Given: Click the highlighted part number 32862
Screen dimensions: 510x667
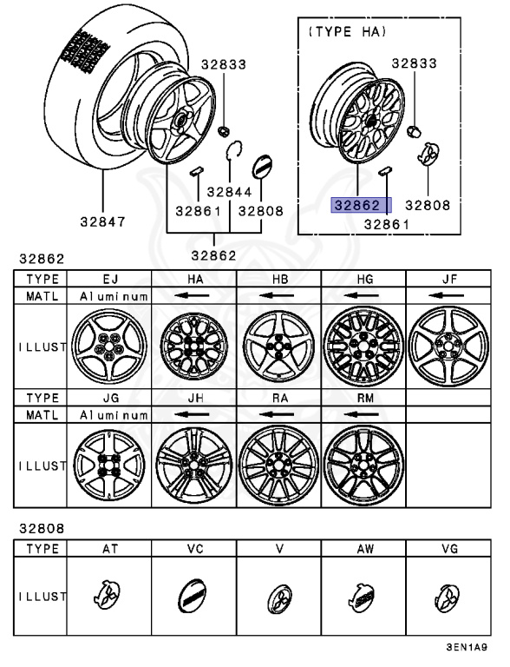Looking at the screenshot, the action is (x=357, y=206).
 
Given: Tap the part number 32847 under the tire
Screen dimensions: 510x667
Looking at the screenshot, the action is (x=103, y=221).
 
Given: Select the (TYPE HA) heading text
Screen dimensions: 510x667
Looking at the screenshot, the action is (x=347, y=31).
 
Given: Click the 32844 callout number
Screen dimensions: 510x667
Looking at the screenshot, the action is (x=230, y=192).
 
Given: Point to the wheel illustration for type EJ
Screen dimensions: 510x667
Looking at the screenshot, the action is (x=109, y=346).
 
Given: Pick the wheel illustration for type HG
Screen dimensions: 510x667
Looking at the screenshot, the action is (x=363, y=346).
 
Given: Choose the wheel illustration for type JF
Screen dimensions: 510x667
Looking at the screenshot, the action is (x=448, y=346).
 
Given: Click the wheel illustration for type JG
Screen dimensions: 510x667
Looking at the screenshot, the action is (x=109, y=465).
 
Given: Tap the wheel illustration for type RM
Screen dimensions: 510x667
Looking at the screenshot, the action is (x=363, y=466).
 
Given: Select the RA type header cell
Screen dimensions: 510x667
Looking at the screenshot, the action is (x=279, y=398).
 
